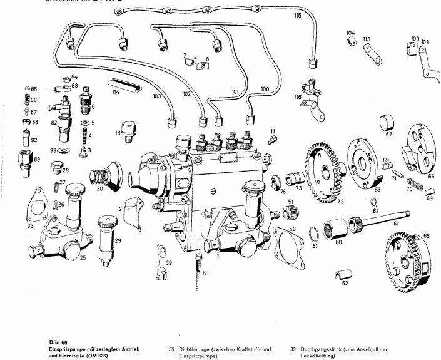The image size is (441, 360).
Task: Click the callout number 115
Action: click(x=297, y=14)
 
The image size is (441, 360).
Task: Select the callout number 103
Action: click(x=156, y=97)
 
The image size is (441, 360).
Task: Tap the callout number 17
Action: click(x=204, y=273)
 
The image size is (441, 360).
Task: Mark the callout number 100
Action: click(x=265, y=90)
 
